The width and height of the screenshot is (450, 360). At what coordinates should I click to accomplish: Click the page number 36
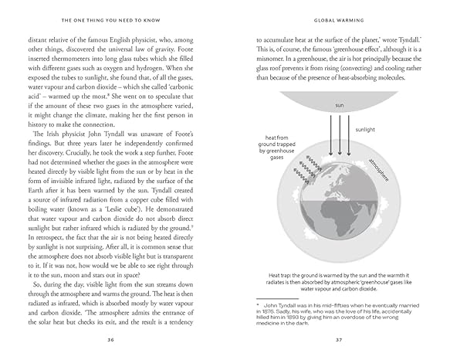pyautogui.click(x=112, y=338)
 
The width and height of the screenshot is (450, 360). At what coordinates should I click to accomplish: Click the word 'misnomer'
pyautogui.click(x=276, y=66)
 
